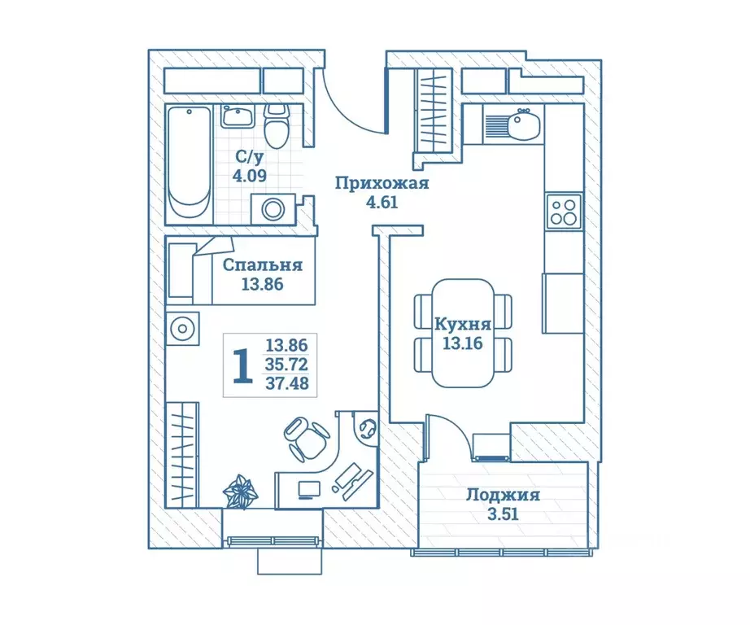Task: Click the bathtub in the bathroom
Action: tap(190, 163)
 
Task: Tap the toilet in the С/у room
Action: tap(277, 125)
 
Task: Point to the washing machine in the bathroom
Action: tap(273, 209)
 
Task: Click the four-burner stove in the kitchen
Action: tap(564, 212)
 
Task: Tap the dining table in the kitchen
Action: tap(463, 333)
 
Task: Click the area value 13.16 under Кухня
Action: tap(462, 343)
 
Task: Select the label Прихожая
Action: tap(382, 183)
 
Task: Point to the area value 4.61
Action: tap(382, 203)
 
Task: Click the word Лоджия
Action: tap(504, 494)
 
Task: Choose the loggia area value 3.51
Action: tap(503, 514)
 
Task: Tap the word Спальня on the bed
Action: tap(263, 264)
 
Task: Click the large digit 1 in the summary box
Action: tap(242, 365)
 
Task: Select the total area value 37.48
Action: tap(287, 382)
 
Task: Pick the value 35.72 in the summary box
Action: tap(286, 365)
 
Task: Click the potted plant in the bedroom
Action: tap(241, 490)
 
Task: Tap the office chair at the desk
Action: tap(306, 438)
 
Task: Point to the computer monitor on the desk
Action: tap(309, 490)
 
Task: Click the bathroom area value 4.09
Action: tap(249, 176)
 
